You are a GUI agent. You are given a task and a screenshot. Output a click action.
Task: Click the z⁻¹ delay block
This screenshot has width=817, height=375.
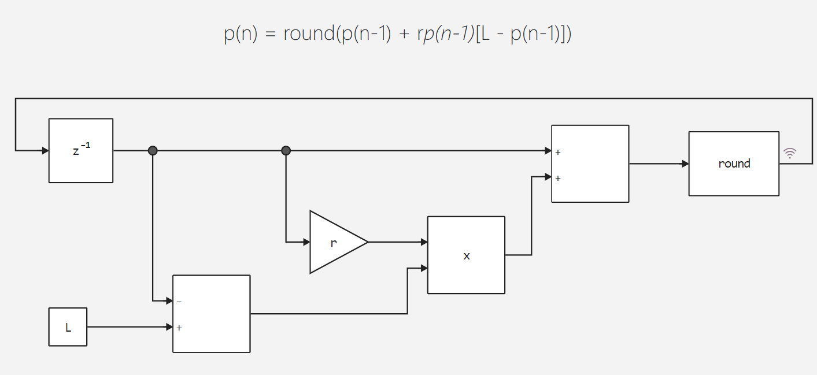click(81, 151)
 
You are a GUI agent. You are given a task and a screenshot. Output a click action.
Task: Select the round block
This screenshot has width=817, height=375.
click(734, 164)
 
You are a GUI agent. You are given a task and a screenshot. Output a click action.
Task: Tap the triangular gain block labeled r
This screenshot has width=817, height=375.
click(334, 242)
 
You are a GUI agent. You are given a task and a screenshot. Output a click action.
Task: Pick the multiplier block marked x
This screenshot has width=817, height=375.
click(466, 255)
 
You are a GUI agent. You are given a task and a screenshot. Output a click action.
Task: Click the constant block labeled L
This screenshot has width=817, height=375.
click(68, 327)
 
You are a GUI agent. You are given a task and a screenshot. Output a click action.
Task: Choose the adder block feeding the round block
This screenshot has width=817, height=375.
click(590, 164)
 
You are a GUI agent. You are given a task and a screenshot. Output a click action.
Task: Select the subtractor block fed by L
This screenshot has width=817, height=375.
click(212, 314)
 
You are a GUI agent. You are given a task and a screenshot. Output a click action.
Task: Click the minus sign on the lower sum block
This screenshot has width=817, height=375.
click(179, 302)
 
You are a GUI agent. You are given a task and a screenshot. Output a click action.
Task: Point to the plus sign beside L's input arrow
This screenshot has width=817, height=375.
click(179, 328)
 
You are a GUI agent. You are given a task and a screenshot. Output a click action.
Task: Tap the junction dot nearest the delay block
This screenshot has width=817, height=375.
click(153, 151)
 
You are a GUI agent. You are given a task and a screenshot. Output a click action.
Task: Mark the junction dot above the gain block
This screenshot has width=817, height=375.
click(286, 151)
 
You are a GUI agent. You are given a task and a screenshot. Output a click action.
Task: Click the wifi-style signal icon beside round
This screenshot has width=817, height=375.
click(790, 153)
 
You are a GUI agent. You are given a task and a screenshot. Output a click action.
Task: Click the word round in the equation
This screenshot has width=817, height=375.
click(309, 34)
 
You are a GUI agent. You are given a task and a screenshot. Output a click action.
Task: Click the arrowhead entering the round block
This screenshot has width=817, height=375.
click(685, 164)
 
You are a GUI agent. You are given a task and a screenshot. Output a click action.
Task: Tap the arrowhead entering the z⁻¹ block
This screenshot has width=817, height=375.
click(45, 151)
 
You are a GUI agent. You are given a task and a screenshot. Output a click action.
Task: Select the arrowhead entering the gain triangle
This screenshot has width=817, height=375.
click(306, 242)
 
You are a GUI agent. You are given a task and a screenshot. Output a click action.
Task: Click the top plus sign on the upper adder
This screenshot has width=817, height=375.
click(558, 153)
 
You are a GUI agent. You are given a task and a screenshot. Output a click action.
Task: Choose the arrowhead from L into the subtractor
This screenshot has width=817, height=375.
click(169, 327)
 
